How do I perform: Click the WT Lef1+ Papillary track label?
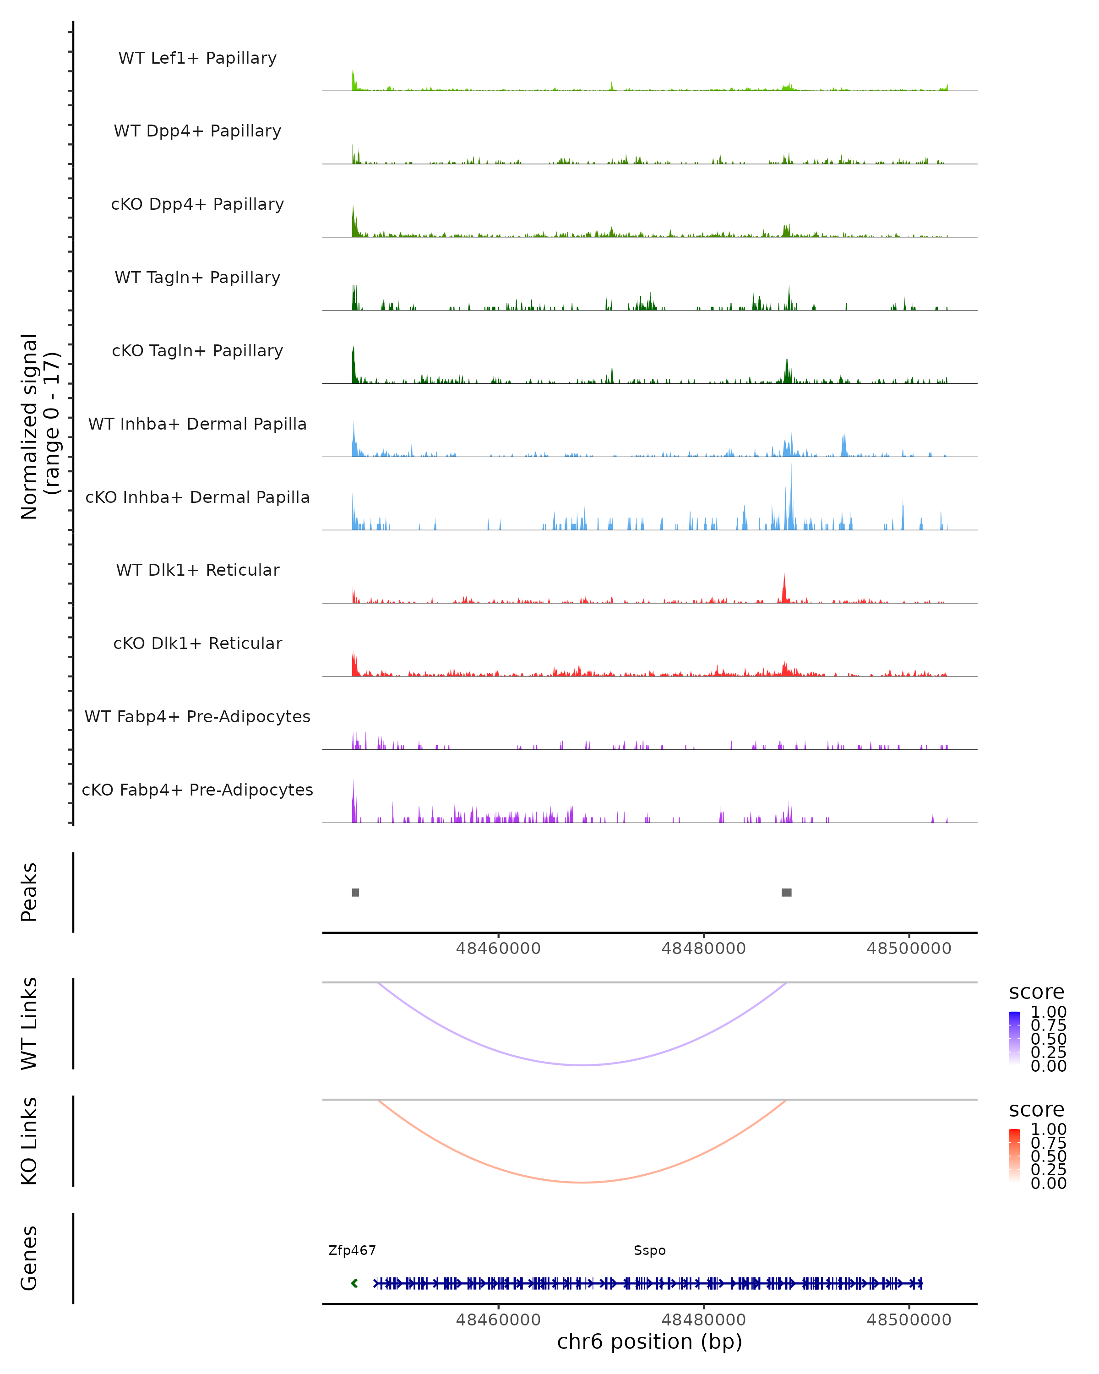click(x=197, y=58)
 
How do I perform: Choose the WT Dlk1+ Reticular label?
click(x=197, y=570)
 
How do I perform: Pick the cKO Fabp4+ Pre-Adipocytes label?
click(x=197, y=790)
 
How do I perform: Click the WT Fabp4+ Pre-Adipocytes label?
click(x=197, y=716)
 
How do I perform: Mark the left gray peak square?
click(x=355, y=892)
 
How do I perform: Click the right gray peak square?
click(x=787, y=892)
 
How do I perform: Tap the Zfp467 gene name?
click(x=352, y=1250)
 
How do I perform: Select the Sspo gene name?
click(x=650, y=1250)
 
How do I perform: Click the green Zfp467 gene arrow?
click(x=355, y=1283)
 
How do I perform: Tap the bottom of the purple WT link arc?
click(x=582, y=1065)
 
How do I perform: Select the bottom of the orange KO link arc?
click(x=582, y=1182)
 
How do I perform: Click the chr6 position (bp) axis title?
click(x=650, y=1341)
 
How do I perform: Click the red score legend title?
click(x=1037, y=1110)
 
